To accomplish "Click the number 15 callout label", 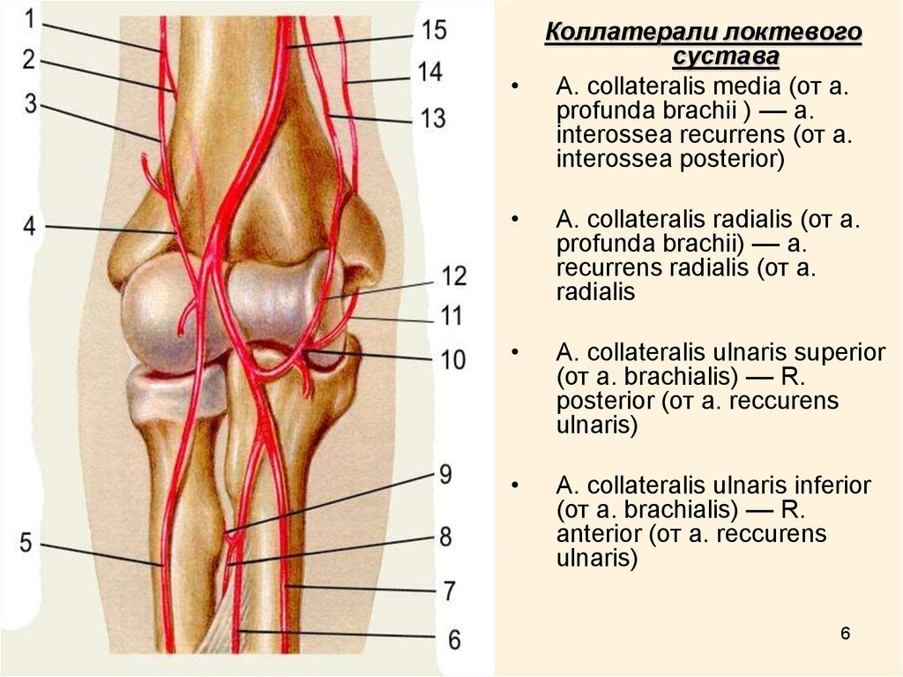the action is click(x=434, y=30).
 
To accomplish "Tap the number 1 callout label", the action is click(x=30, y=19).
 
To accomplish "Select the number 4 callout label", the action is click(x=29, y=227).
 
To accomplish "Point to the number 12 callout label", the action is click(x=453, y=276).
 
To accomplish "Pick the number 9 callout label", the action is click(x=445, y=475).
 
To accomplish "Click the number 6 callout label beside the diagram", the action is click(x=454, y=640).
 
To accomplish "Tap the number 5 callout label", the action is click(x=26, y=543).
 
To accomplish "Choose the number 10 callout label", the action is click(x=452, y=359).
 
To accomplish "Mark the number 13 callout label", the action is click(x=433, y=117).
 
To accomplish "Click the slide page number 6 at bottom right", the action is click(x=845, y=633).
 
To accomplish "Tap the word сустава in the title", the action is click(x=726, y=57).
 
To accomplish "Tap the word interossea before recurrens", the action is click(x=614, y=135).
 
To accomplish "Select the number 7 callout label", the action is click(x=449, y=591).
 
